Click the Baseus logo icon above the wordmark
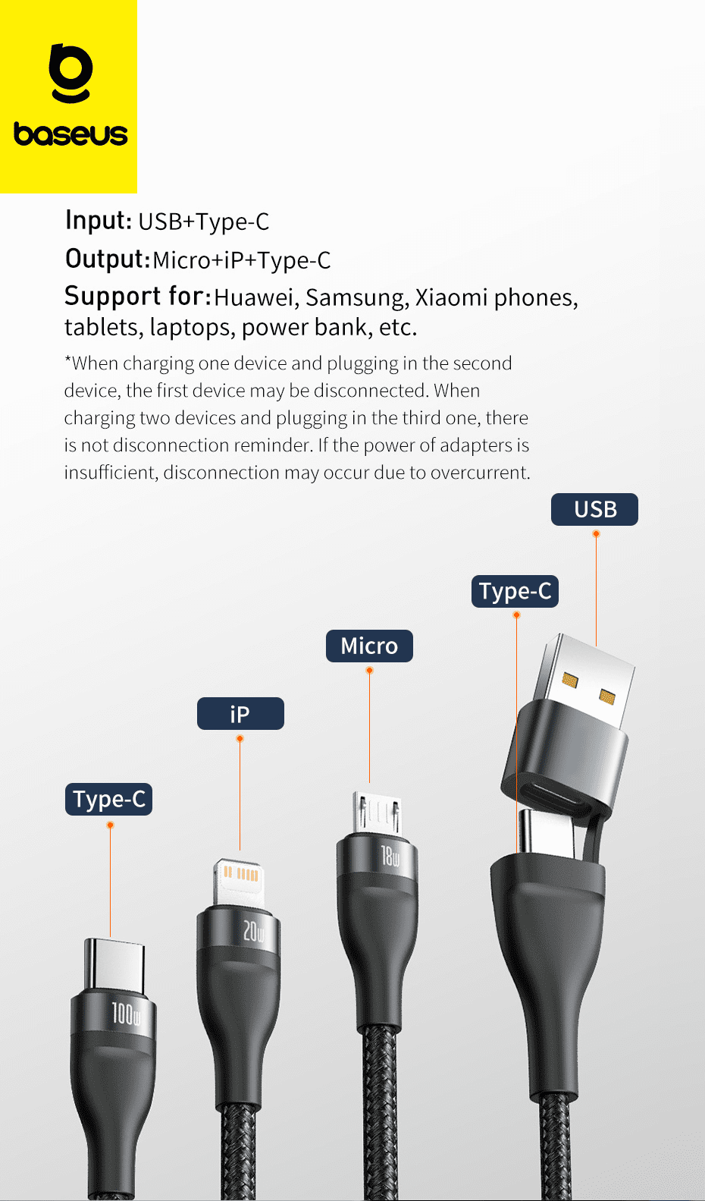point(70,73)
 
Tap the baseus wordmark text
point(70,134)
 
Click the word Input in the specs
point(99,220)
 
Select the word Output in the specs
point(107,259)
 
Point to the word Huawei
point(255,298)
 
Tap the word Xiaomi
point(451,297)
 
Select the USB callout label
point(594,509)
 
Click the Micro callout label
point(369,646)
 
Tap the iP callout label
point(240,714)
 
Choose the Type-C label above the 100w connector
point(108,800)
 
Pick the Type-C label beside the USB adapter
point(515,591)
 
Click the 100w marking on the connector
point(126,1014)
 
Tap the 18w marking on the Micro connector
point(390,857)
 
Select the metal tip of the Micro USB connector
point(377,812)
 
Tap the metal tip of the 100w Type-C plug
point(114,964)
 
